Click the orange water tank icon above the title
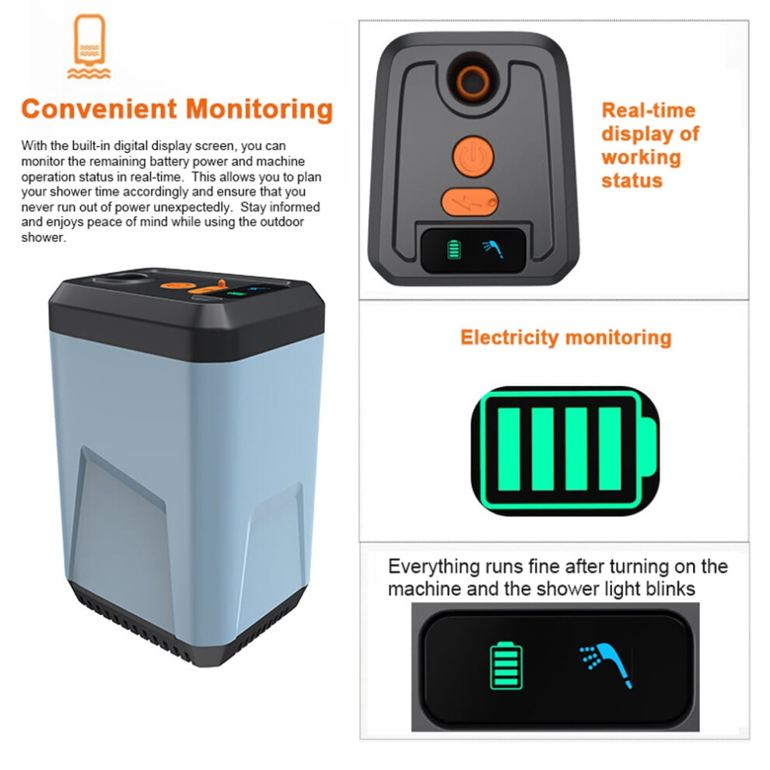89,46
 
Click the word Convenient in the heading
99,109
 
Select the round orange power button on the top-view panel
473,156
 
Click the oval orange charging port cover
469,201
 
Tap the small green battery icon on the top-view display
454,250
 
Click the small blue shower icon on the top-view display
493,249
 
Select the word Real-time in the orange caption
648,110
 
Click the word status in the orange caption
632,180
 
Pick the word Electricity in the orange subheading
509,338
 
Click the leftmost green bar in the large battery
509,449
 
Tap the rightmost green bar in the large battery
610,449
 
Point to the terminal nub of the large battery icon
649,447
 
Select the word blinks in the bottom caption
670,588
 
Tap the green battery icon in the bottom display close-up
506,666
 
